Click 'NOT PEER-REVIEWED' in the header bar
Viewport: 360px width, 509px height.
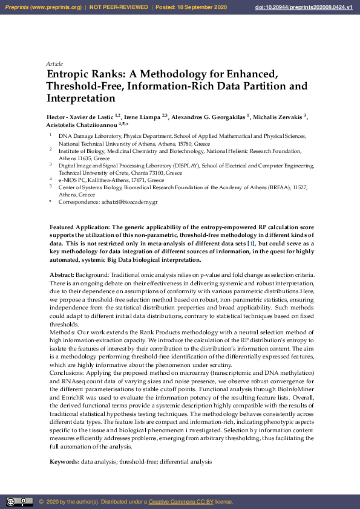coord(119,7)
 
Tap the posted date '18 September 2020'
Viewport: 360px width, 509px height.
coord(210,7)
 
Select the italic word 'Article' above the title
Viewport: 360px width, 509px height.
coord(54,63)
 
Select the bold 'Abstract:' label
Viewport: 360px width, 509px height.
coord(62,275)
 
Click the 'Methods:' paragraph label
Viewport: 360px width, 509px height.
coord(62,331)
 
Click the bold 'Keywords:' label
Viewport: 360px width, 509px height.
coord(64,461)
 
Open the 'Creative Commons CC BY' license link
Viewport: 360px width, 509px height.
coord(181,502)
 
